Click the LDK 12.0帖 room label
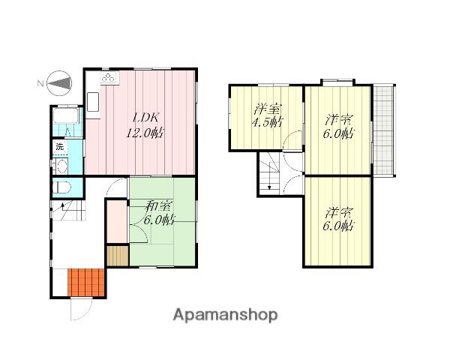click(x=145, y=125)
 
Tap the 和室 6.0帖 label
click(x=159, y=213)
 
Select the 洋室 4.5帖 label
click(x=267, y=115)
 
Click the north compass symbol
click(x=59, y=83)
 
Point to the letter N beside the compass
click(x=40, y=83)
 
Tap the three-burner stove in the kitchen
click(x=109, y=77)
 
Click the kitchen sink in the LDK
click(x=93, y=102)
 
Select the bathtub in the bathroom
click(x=66, y=115)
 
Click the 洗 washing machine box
click(x=60, y=147)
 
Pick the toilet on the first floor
click(x=62, y=187)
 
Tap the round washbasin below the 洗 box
click(x=61, y=166)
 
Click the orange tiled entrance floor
click(x=86, y=283)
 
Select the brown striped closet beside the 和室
click(x=118, y=256)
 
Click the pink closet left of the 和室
click(x=117, y=221)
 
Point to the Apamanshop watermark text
click(x=225, y=315)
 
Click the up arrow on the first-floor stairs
click(x=62, y=205)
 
